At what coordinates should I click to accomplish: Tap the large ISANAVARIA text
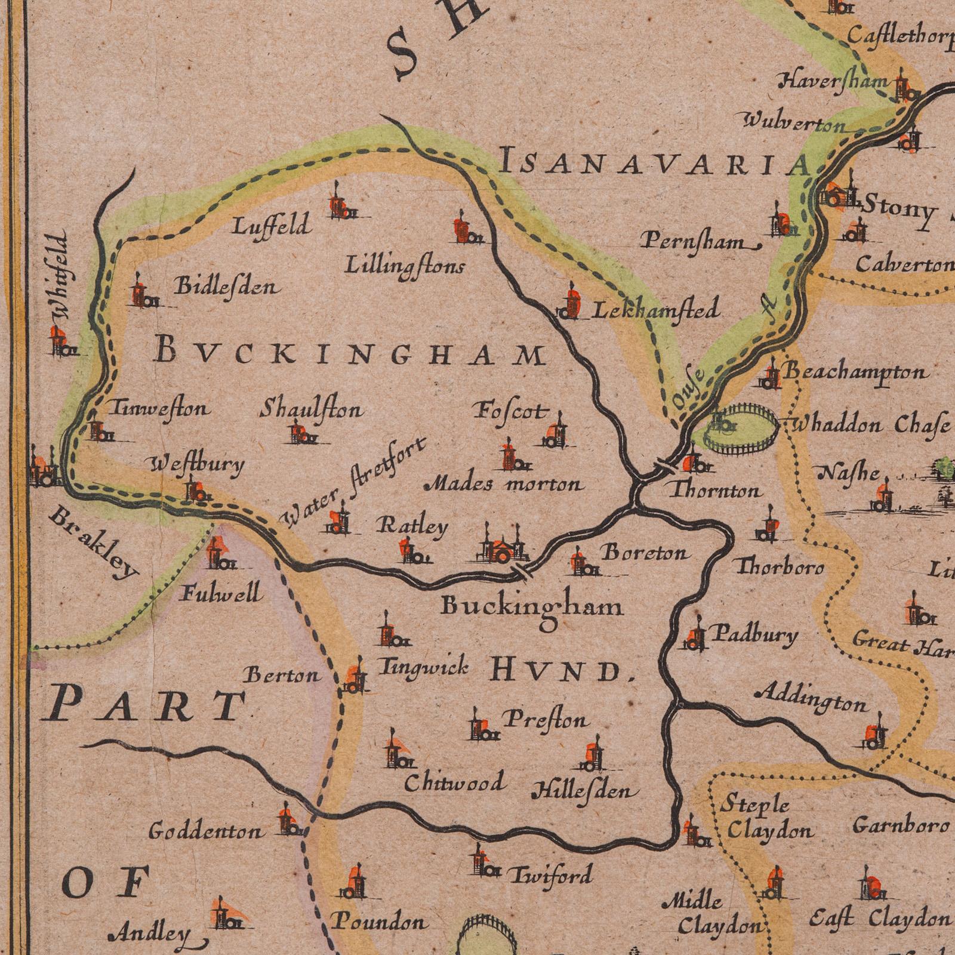click(x=654, y=164)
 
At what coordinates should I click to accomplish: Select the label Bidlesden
click(x=226, y=287)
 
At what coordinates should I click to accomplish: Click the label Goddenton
click(x=205, y=831)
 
